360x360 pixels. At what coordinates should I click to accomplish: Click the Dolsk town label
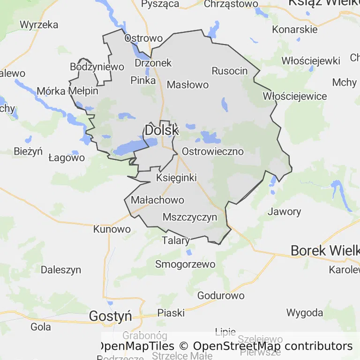[x=162, y=130]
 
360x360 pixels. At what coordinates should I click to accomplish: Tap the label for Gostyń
[x=111, y=316]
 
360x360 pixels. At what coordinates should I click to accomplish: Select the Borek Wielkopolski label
[x=325, y=250]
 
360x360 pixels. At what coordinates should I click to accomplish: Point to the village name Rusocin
[x=230, y=71]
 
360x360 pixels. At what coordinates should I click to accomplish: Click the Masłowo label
[x=187, y=85]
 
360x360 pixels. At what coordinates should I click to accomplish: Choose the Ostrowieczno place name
[x=213, y=151]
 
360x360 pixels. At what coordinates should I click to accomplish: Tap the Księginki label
[x=176, y=178]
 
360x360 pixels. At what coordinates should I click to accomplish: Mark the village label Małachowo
[x=157, y=200]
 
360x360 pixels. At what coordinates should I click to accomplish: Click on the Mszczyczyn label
[x=190, y=217]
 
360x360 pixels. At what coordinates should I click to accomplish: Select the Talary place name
[x=176, y=241]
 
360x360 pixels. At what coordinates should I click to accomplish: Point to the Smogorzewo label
[x=185, y=264]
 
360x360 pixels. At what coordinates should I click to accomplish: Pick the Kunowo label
[x=112, y=229]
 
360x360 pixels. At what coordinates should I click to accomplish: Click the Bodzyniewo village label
[x=97, y=67]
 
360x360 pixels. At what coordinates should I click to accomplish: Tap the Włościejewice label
[x=295, y=96]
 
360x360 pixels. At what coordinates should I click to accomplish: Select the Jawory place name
[x=284, y=211]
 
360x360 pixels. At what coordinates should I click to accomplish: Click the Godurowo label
[x=221, y=295]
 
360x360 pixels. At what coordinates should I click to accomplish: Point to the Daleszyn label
[x=61, y=270]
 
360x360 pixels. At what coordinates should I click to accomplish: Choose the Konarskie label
[x=295, y=29]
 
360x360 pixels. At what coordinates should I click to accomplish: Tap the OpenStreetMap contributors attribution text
[x=273, y=346]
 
